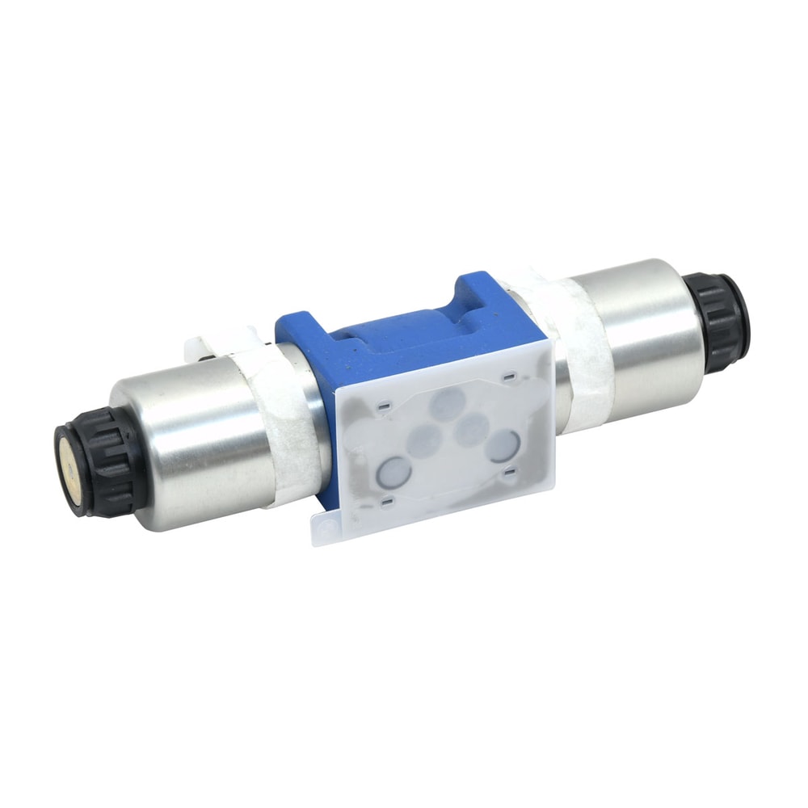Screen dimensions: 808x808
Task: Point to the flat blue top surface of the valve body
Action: point(388,339)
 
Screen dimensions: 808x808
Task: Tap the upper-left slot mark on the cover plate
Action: point(383,404)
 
